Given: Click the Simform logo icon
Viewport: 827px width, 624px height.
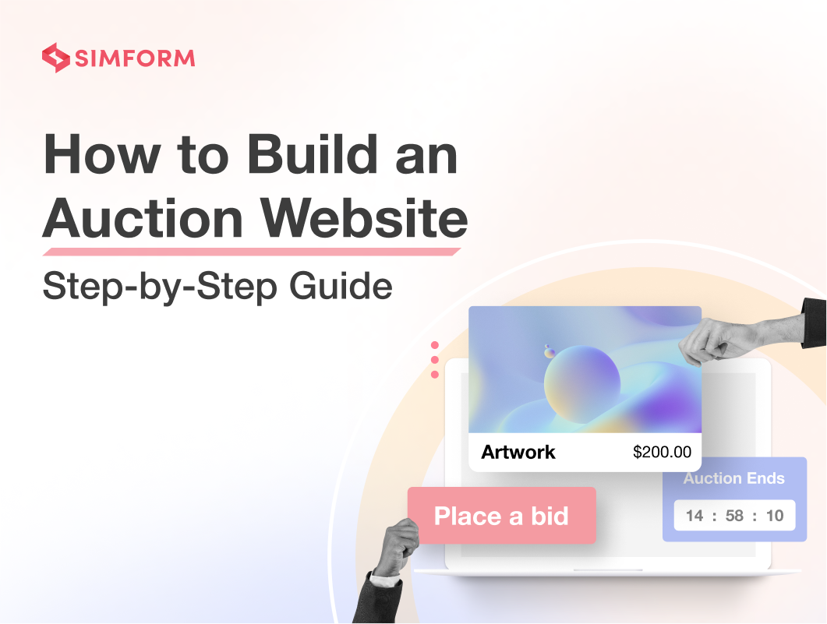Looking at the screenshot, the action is point(56,58).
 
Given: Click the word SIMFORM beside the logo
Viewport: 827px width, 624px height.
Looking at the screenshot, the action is point(135,58).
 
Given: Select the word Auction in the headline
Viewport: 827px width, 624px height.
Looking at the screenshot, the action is point(143,217).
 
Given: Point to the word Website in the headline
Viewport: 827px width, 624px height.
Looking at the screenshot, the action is point(365,217).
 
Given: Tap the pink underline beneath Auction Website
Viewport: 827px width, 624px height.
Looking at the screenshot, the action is point(252,252).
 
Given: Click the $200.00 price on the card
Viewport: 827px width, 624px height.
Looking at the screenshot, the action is point(662,452).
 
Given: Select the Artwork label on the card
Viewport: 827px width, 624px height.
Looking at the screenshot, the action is point(518,452).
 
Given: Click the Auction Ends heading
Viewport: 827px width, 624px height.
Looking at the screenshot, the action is point(734,478).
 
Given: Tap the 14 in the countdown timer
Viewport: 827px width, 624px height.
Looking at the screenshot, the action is point(694,516).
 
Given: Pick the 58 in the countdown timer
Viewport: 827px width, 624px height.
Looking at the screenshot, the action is point(734,516).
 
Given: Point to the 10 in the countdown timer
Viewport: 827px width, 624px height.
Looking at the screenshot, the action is point(774,516).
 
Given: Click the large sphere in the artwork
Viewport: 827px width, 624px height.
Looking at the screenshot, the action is point(582,385).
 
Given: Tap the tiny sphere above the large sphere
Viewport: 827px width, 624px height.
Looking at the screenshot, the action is point(550,351).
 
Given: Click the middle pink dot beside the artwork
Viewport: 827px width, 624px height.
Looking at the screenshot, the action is point(435,360).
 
